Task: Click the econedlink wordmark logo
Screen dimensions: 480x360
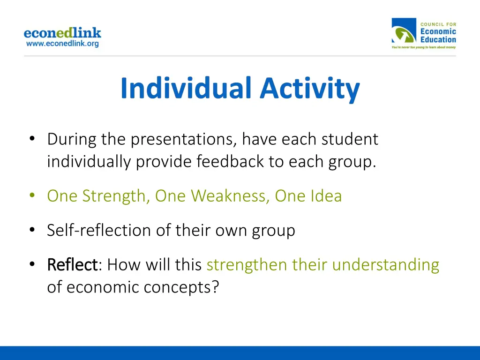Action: pyautogui.click(x=62, y=33)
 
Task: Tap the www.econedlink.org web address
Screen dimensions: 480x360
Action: pyautogui.click(x=62, y=44)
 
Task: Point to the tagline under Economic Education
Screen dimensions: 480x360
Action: pyautogui.click(x=424, y=47)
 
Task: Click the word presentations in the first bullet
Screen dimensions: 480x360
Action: pyautogui.click(x=184, y=140)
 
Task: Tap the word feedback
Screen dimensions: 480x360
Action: pyautogui.click(x=230, y=161)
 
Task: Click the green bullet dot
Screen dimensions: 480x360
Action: pyautogui.click(x=32, y=195)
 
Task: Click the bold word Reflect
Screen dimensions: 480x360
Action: pyautogui.click(x=72, y=264)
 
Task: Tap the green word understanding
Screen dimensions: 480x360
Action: pyautogui.click(x=386, y=265)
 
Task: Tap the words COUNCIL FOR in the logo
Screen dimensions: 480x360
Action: pyautogui.click(x=438, y=24)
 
